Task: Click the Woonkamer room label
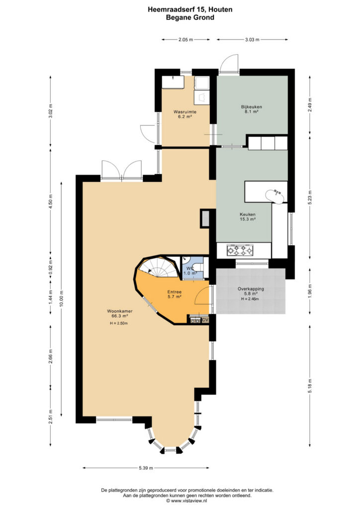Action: click(120, 311)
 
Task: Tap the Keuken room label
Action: click(248, 214)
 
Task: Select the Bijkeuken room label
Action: click(252, 107)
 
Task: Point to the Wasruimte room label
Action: click(184, 112)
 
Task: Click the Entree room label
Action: click(175, 292)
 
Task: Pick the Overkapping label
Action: click(251, 289)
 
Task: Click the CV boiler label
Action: click(205, 320)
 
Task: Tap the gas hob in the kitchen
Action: click(240, 251)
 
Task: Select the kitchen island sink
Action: click(275, 196)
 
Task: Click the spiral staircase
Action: click(158, 267)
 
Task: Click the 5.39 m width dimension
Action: click(146, 468)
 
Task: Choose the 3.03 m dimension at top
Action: click(252, 40)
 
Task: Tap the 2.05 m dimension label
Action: click(185, 40)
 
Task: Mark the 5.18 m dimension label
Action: click(310, 386)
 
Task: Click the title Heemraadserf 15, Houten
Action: click(190, 10)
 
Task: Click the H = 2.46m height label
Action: click(250, 299)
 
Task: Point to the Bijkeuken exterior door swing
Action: click(229, 63)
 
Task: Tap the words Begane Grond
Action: click(190, 17)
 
